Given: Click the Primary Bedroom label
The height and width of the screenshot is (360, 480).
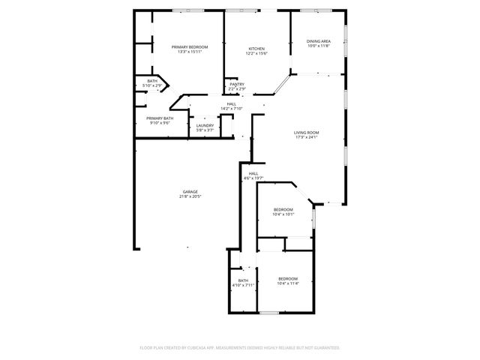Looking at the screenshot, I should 188,46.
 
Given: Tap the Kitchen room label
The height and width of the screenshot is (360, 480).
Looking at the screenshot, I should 256,49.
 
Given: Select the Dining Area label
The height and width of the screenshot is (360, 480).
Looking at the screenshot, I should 317,41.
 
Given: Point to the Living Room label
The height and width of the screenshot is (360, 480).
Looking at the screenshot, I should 307,133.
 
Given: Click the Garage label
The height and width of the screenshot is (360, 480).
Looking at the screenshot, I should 190,191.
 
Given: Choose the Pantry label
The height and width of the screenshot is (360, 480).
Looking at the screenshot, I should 237,84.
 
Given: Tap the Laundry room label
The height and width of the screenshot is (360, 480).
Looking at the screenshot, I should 205,125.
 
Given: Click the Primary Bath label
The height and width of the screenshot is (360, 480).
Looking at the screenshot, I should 160,118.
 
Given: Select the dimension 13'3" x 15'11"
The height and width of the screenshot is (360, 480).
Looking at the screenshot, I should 188,52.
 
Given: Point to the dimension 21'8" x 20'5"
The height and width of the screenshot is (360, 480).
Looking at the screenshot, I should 190,196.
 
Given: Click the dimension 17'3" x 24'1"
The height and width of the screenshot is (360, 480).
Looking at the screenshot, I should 307,138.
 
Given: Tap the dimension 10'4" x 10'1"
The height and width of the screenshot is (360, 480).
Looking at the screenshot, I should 283,214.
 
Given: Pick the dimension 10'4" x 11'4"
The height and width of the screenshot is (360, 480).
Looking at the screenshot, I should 288,283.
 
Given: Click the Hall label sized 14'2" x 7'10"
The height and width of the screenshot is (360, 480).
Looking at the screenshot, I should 232,103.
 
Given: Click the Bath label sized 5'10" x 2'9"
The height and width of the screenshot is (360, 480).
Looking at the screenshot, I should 152,81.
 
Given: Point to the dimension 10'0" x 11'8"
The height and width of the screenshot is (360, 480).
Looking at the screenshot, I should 317,46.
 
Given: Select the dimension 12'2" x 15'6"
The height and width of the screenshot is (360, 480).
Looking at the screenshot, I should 256,54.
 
